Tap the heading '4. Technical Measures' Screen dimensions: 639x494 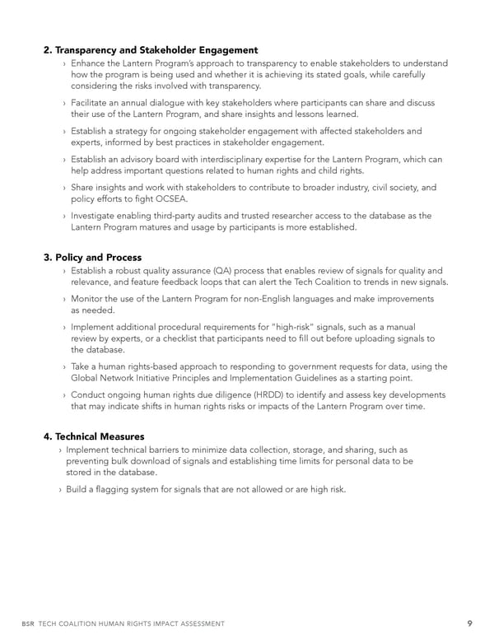point(93,436)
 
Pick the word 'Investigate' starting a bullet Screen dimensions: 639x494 point(98,216)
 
